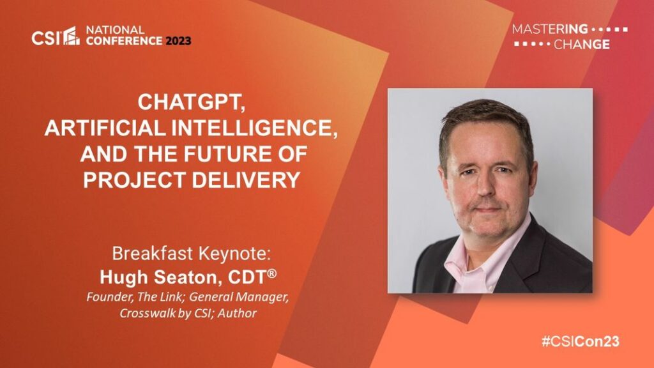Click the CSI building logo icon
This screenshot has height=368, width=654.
coord(72,36)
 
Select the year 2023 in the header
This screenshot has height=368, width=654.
coord(178,41)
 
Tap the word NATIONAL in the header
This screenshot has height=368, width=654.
coord(115,30)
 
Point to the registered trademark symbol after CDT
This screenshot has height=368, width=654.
coord(271,273)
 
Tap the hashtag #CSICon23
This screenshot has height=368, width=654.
coord(581,341)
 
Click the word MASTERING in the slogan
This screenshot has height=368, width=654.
coord(550,29)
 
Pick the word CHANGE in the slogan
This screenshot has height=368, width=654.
coord(581,44)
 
